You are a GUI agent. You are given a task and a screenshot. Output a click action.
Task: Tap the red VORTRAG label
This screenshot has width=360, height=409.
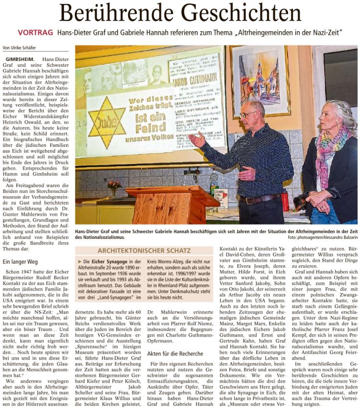point(35,33)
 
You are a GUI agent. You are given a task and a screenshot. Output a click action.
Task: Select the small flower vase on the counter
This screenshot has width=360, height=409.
point(114,187)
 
